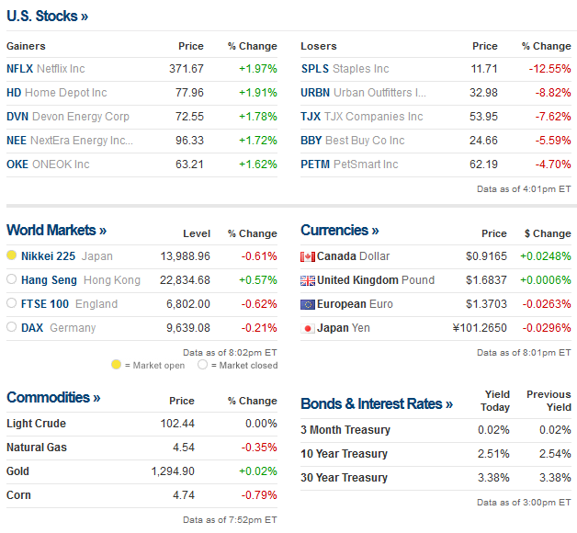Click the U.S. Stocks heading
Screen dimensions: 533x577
point(48,16)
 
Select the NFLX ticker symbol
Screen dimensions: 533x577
point(19,69)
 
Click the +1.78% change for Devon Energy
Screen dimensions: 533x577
point(256,117)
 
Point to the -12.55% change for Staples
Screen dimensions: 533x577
point(549,69)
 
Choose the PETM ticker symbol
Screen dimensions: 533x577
point(316,164)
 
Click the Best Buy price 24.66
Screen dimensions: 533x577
point(485,141)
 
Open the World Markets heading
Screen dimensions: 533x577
point(56,231)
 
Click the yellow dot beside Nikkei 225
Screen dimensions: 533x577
point(12,255)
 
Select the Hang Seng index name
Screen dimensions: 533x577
point(49,279)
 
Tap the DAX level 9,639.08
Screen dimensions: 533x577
point(186,327)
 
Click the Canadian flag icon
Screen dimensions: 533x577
point(308,256)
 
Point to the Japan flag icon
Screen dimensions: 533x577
point(308,328)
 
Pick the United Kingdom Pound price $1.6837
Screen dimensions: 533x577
point(487,280)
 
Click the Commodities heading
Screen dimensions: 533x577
point(53,398)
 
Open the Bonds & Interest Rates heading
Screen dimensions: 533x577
point(377,404)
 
